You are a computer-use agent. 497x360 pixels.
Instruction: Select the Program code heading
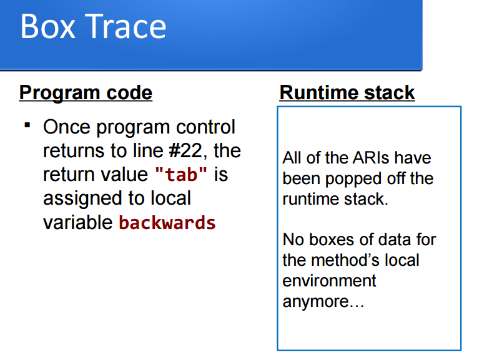pos(86,93)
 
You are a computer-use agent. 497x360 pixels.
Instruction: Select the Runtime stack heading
pos(347,93)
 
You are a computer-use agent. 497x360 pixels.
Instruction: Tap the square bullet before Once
pos(27,125)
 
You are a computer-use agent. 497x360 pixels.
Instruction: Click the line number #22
pos(186,151)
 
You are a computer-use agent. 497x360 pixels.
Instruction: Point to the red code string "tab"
pos(180,175)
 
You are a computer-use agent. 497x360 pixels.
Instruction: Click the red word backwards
pos(167,223)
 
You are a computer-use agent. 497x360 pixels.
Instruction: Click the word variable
pos(78,223)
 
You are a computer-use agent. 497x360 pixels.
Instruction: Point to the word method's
pos(358,260)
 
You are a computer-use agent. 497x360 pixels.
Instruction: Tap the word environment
pos(329,281)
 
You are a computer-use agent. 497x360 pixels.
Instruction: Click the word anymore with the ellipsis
pos(323,302)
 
